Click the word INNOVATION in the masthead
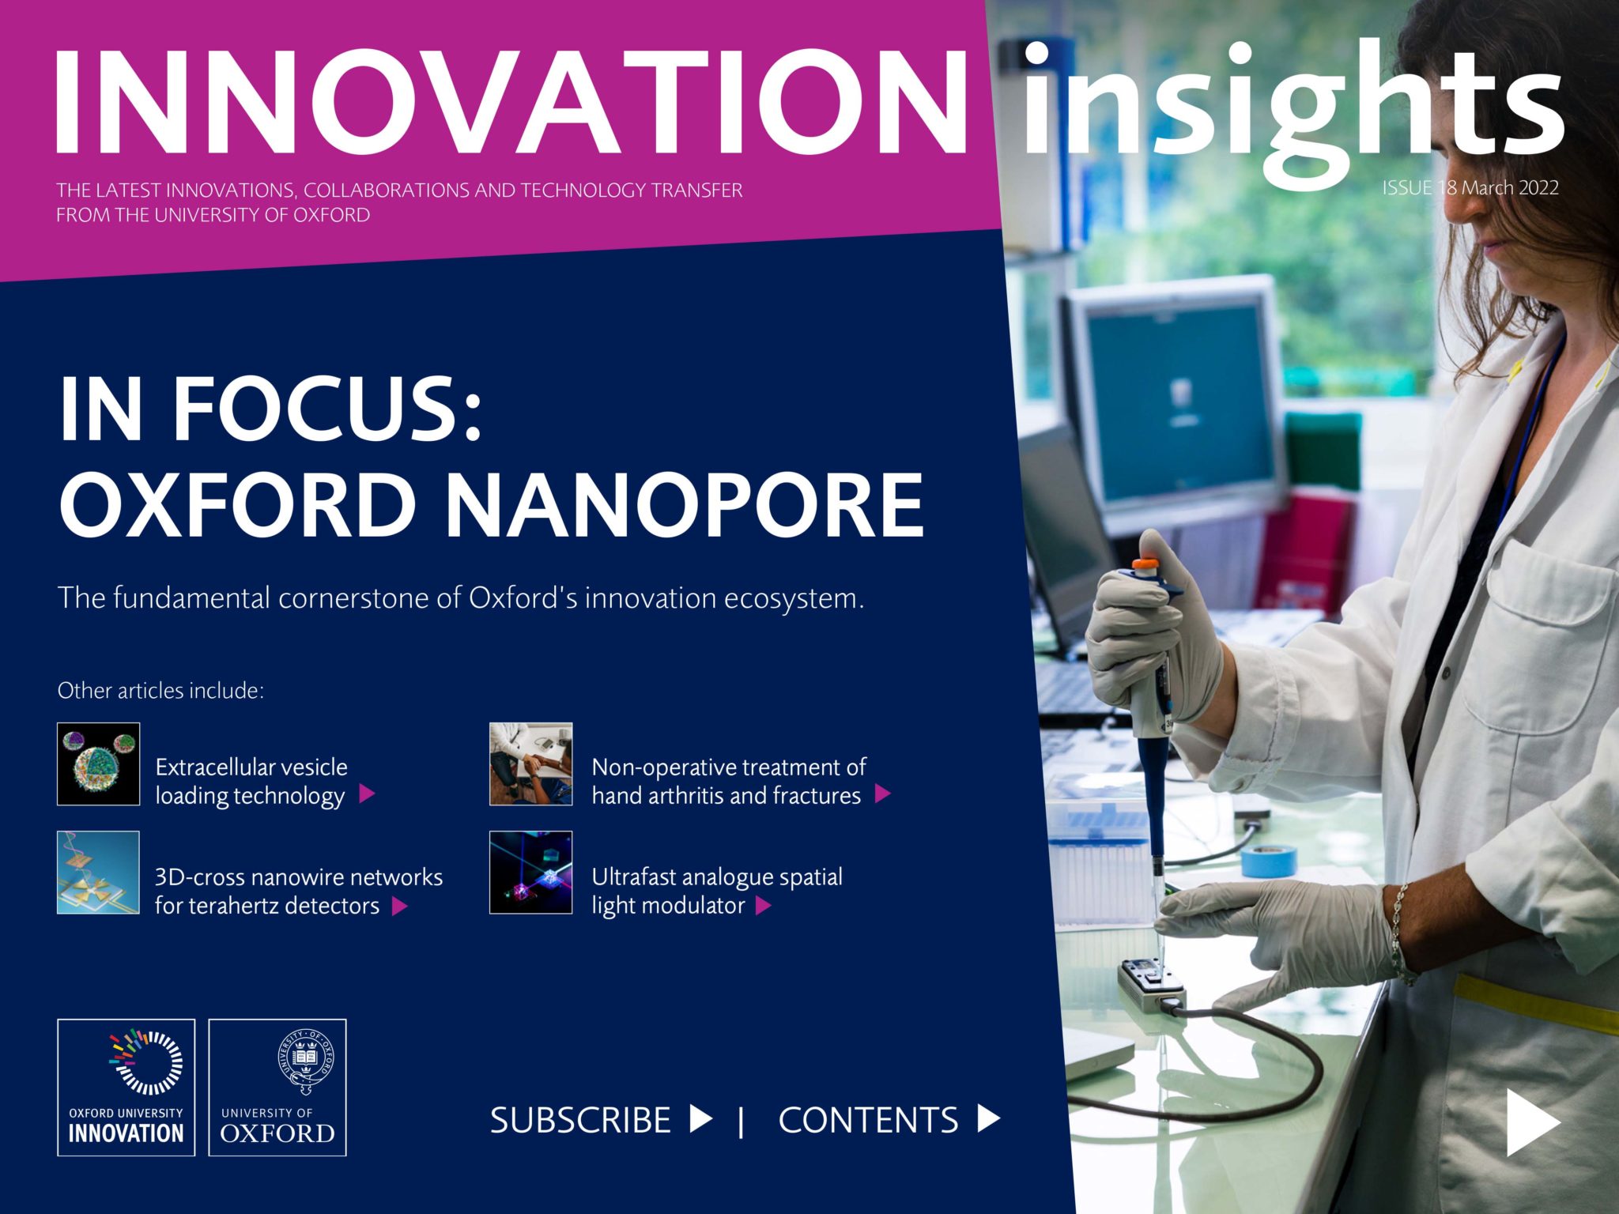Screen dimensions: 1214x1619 pos(510,103)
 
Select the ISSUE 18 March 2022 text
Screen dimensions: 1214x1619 pos(1470,188)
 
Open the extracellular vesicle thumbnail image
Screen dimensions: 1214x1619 pos(98,763)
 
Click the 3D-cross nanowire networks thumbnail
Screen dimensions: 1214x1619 pos(98,872)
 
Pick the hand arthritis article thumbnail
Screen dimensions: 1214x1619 pos(530,763)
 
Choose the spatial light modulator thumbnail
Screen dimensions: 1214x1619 pos(530,872)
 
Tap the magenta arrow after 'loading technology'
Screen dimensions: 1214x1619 pos(367,794)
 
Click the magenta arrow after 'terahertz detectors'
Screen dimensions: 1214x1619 pos(400,906)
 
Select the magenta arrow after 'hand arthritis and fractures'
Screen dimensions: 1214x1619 pos(883,794)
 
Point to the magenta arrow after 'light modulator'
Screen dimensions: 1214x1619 pos(763,906)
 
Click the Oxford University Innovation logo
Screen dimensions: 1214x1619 pos(126,1088)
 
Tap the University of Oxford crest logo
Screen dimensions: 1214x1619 pos(277,1088)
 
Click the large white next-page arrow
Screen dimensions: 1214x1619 pos(1532,1122)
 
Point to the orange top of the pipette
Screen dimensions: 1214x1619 pos(1145,567)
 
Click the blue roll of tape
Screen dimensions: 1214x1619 pos(1268,860)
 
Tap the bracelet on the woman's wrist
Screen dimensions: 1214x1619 pos(1400,933)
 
